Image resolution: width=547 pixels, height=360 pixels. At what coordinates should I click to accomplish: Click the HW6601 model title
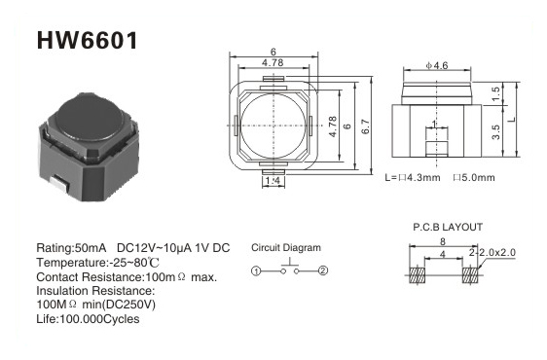point(88,41)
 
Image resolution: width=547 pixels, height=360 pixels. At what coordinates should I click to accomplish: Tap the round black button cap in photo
point(90,118)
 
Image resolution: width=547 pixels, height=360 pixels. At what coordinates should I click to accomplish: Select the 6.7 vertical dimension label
point(365,126)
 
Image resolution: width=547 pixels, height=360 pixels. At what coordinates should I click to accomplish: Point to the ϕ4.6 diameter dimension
point(437,65)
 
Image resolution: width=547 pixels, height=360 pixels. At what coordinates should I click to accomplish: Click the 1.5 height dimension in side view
point(495,94)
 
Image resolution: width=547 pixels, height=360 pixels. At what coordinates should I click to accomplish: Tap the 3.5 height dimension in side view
point(495,132)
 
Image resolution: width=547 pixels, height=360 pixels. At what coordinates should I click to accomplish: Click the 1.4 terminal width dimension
point(273,181)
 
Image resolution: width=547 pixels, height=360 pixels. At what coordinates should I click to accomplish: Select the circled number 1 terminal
point(256,271)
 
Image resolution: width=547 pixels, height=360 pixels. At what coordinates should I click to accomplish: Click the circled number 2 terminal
point(323,270)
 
